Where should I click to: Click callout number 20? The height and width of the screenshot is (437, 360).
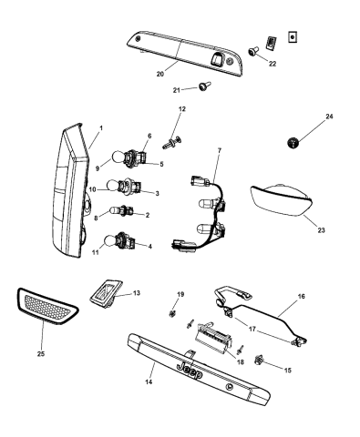160,74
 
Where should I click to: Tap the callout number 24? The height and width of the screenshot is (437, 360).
330,117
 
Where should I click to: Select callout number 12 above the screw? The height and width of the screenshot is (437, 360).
182,109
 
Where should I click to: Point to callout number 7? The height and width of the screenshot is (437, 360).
220,149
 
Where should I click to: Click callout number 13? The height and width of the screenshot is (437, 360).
137,294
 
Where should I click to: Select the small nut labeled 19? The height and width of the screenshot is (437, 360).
172,314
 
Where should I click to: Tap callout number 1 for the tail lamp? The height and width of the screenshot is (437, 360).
101,127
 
